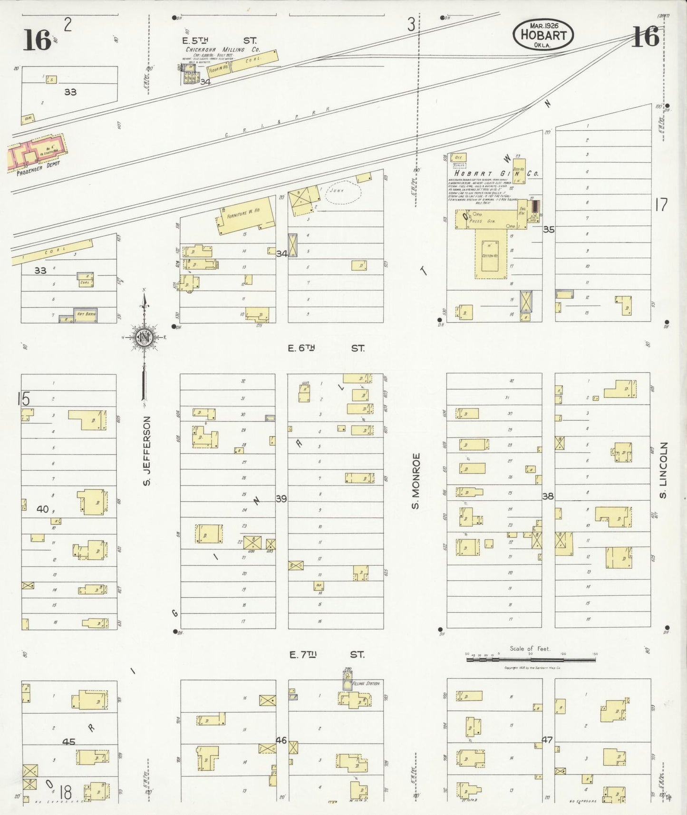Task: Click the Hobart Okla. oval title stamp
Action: pos(543,34)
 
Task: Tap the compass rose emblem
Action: pos(144,337)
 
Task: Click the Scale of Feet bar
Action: pos(531,659)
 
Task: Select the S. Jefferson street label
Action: pos(147,451)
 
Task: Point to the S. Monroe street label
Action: pos(416,481)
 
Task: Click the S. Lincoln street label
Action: pos(663,470)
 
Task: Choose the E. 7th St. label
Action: pos(327,655)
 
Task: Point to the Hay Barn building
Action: pos(86,315)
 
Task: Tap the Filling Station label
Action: pos(366,683)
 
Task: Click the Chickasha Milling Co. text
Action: pos(223,49)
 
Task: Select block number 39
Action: pos(281,499)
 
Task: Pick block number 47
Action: pos(547,739)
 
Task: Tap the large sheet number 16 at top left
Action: pos(37,39)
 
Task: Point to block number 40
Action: pos(42,509)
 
